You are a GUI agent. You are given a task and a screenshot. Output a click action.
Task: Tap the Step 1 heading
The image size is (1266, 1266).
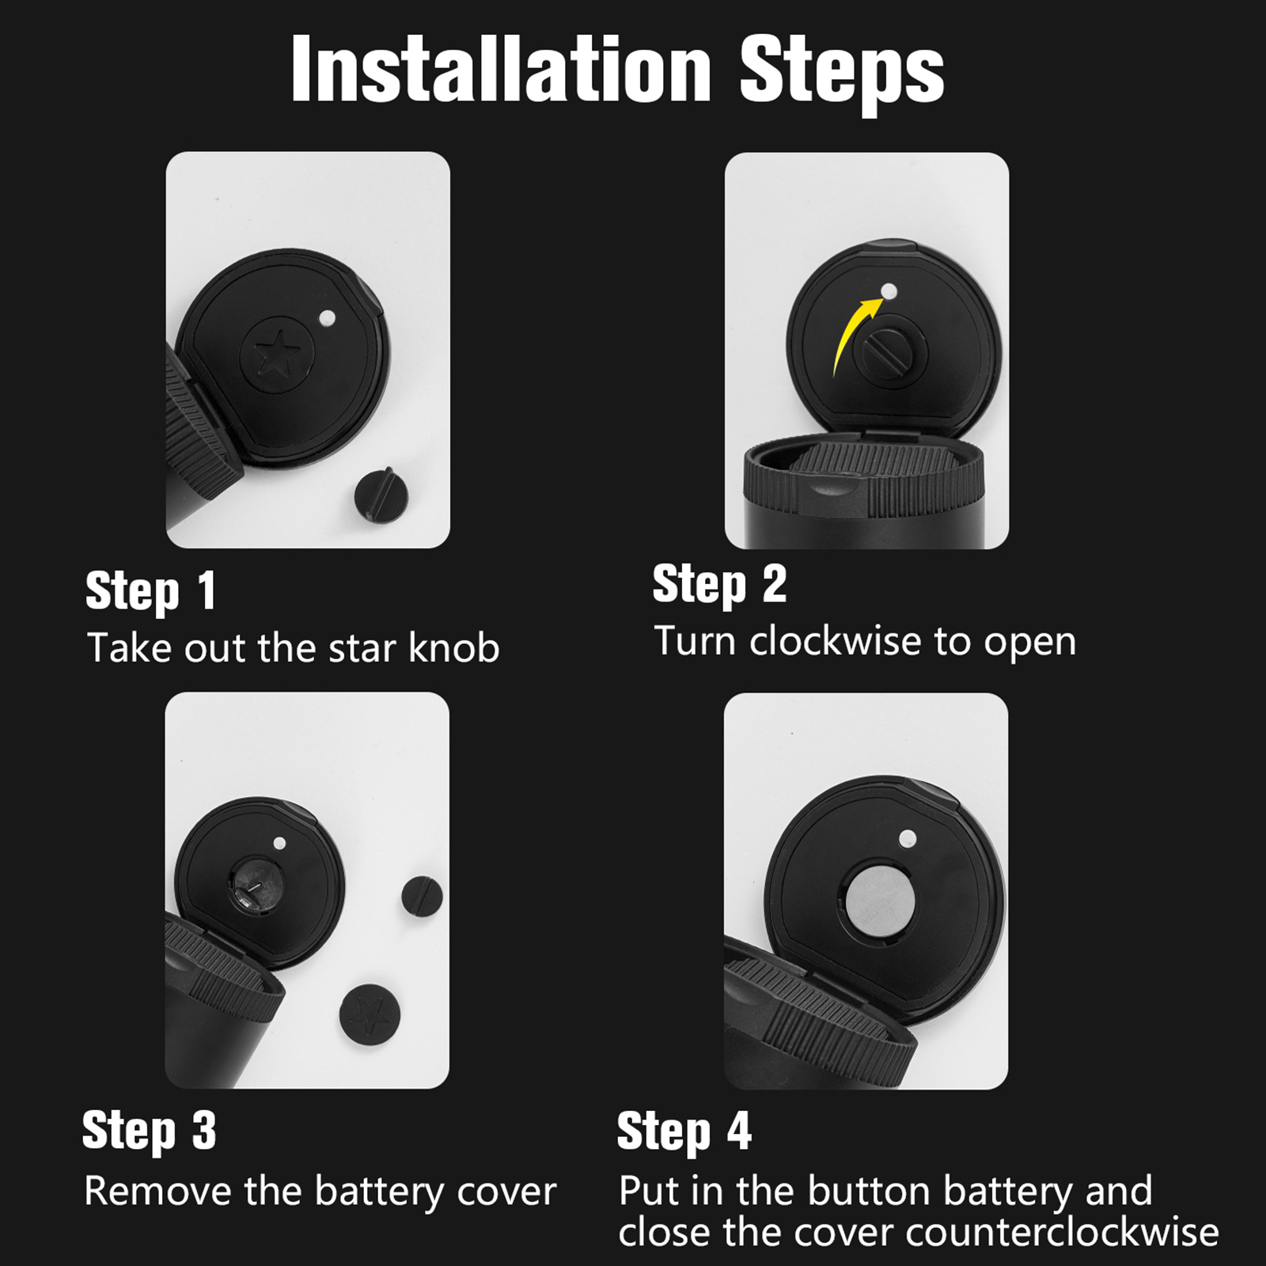click(x=150, y=591)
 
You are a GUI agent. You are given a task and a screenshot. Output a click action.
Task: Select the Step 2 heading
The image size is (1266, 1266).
click(x=719, y=585)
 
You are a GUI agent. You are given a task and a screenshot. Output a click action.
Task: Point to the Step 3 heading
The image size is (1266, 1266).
click(x=149, y=1131)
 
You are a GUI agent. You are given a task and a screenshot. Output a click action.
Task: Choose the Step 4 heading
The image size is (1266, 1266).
click(x=684, y=1131)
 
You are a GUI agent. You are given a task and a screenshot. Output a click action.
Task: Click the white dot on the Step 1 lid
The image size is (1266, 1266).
click(x=327, y=319)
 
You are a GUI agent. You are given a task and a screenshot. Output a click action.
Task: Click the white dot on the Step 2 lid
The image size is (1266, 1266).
click(x=889, y=291)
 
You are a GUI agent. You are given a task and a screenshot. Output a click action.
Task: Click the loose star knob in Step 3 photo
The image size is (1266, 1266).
click(x=370, y=1014)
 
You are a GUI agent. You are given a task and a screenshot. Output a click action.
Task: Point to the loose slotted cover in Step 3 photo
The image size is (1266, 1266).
click(x=422, y=896)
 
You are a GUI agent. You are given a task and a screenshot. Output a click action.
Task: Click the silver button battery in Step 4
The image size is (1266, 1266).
click(x=880, y=901)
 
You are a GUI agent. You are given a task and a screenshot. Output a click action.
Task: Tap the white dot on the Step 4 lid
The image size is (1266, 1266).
click(x=908, y=839)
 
